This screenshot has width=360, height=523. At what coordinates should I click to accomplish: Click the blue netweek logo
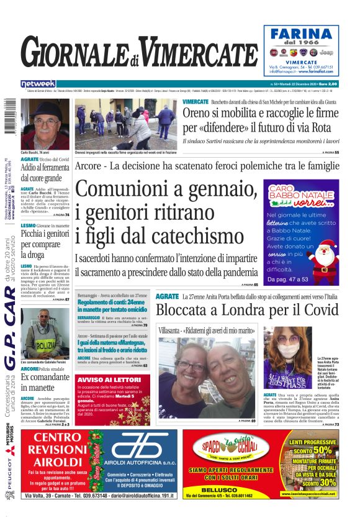[38, 83]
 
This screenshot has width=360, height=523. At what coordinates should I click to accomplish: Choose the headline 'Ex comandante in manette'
[45, 383]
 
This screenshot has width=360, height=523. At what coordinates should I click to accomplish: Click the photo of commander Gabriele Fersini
[45, 333]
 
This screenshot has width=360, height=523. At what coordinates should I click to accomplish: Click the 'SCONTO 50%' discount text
[321, 450]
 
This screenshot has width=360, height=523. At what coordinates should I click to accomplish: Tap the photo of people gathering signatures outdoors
[127, 123]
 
